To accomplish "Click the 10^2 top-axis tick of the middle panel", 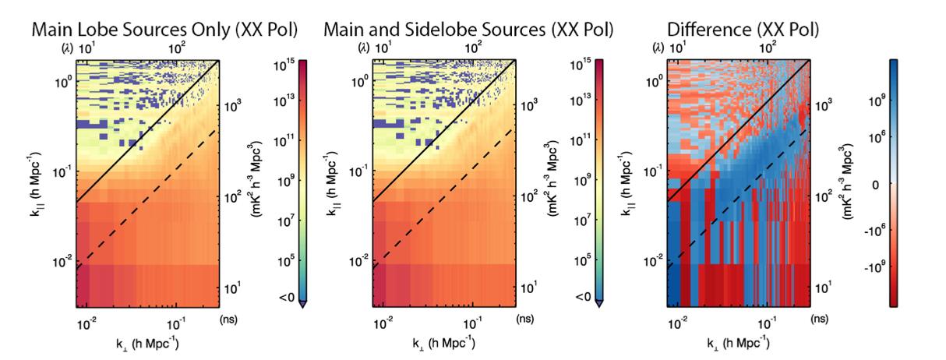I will (x=472, y=47).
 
